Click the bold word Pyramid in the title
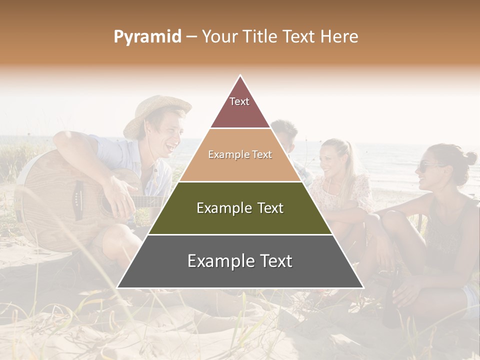tap(147, 37)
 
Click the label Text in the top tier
tap(239, 101)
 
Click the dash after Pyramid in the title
tap(191, 37)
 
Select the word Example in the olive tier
tap(219, 208)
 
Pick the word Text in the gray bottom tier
tap(273, 261)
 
